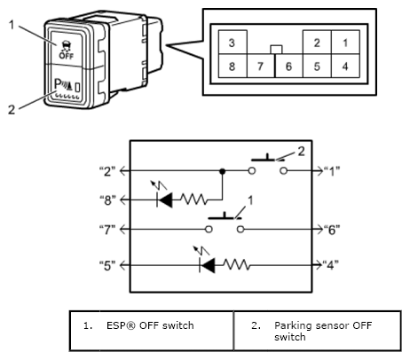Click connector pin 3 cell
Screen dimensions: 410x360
[x=233, y=42]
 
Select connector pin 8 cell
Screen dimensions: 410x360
[x=233, y=66]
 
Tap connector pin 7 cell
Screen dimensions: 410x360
[x=261, y=66]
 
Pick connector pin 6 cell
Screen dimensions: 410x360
[x=289, y=66]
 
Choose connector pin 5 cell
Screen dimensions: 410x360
[x=317, y=66]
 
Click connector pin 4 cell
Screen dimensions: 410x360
[x=345, y=66]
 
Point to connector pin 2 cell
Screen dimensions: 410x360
[x=317, y=42]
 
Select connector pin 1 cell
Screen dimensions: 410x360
[x=345, y=42]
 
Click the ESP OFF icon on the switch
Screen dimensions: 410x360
[x=67, y=50]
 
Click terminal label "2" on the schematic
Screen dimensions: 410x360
[x=107, y=171]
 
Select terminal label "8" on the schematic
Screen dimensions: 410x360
[x=107, y=200]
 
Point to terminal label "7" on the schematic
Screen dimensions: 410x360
[x=107, y=229]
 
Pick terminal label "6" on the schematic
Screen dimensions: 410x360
[x=332, y=229]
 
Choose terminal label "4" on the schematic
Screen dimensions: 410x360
[x=331, y=265]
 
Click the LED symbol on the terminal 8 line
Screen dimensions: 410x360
[x=164, y=200]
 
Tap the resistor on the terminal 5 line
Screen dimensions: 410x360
[x=237, y=265]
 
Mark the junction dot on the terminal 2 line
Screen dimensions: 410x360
[x=223, y=171]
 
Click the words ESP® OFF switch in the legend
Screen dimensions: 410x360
[x=150, y=325]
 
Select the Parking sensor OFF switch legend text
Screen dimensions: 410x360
[x=323, y=331]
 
